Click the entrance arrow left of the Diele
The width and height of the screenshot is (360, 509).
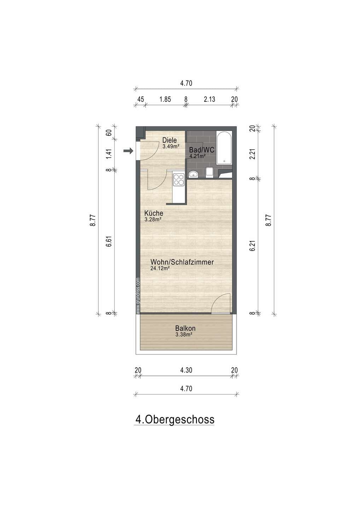(x=128, y=151)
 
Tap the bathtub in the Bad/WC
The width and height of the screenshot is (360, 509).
(x=224, y=148)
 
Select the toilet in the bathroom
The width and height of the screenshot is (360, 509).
(x=209, y=172)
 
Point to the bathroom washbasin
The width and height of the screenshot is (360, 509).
(x=193, y=174)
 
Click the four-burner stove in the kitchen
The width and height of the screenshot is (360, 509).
(x=179, y=180)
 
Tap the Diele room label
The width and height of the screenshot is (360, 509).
(x=169, y=140)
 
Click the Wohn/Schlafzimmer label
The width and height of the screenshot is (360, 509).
(x=182, y=262)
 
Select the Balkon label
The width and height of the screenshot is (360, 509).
(x=185, y=328)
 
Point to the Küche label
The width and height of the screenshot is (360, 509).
(x=153, y=213)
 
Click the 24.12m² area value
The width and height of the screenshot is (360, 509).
(x=160, y=268)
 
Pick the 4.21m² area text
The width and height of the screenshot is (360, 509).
(x=197, y=156)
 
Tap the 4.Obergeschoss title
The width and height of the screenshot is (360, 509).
(x=175, y=420)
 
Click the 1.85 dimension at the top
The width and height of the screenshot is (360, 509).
(x=165, y=99)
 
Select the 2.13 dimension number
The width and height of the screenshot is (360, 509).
(x=209, y=99)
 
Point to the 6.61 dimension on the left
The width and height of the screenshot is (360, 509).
(x=110, y=241)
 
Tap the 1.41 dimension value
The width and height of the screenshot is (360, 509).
(x=110, y=154)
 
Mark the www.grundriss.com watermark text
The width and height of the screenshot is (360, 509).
(x=138, y=296)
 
